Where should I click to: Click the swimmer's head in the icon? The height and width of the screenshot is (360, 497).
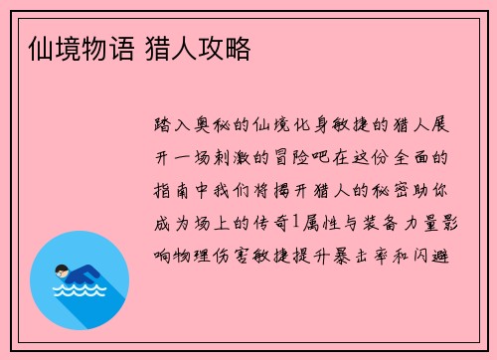click(62, 268)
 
